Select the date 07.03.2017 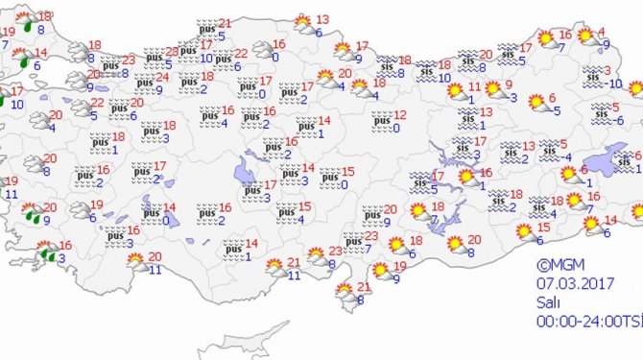click(571, 282)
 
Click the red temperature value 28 click(172, 52)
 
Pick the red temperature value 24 click(163, 78)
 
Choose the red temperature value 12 click(400, 115)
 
